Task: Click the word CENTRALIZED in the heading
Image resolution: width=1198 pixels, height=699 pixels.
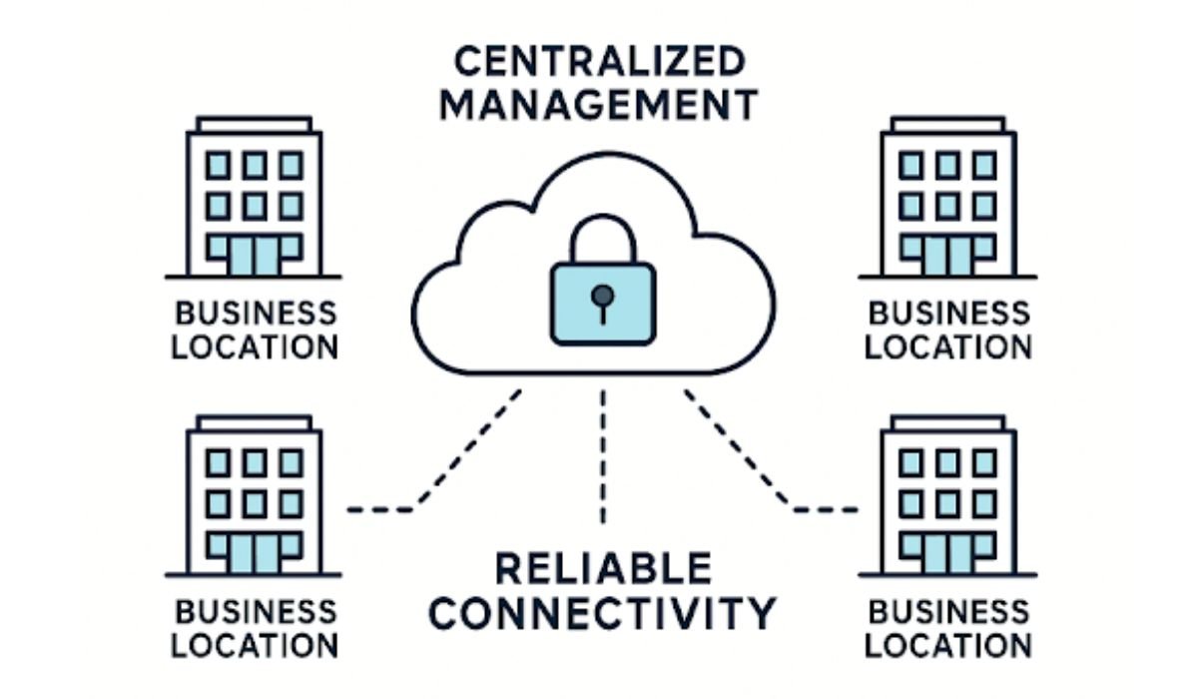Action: (x=598, y=62)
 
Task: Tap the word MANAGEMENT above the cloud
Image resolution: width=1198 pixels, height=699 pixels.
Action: (x=598, y=104)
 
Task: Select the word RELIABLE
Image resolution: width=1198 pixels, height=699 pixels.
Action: (x=603, y=568)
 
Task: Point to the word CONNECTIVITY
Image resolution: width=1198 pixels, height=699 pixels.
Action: (x=602, y=611)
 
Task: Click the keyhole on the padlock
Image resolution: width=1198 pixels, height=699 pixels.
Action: (x=602, y=298)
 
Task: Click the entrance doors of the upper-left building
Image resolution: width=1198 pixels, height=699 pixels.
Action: (x=254, y=256)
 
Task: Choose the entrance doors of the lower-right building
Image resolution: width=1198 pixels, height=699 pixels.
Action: (x=948, y=553)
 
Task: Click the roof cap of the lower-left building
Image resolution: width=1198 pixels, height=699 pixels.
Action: (x=254, y=422)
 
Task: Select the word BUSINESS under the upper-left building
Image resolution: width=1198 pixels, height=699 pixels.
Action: (x=255, y=313)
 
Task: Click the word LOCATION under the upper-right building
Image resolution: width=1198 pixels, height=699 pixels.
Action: (x=948, y=348)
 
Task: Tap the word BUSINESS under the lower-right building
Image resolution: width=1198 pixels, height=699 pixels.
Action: (x=948, y=610)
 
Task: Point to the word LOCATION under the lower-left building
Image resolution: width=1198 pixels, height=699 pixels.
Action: (x=255, y=645)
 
